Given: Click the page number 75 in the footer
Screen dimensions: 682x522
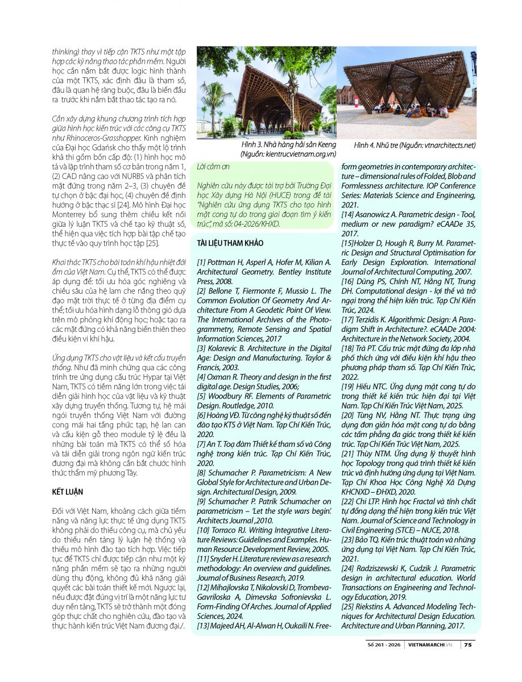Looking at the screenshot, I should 467,644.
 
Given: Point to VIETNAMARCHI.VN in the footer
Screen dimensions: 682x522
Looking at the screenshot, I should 430,644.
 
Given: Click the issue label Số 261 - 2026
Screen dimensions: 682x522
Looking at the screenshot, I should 387,644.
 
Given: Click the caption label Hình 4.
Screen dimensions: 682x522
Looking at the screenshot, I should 365,145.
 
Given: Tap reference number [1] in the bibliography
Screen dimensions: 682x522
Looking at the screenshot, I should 201,262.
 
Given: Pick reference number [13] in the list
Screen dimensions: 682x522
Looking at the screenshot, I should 204,626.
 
